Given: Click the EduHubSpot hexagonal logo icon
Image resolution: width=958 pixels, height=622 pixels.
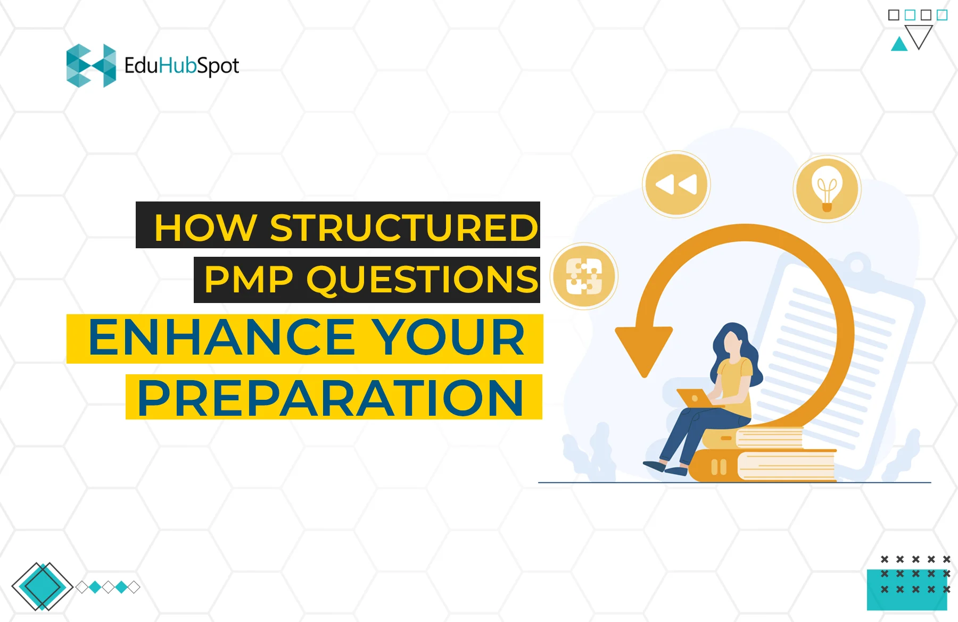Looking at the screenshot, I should pos(91,65).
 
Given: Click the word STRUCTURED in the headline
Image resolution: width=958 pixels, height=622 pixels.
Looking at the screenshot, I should pos(404,228).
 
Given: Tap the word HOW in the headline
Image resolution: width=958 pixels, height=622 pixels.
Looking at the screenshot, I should pos(205,228).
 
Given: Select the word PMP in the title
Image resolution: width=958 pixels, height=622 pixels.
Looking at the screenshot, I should pos(249,280).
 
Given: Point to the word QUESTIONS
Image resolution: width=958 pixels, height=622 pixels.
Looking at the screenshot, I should pos(423,280).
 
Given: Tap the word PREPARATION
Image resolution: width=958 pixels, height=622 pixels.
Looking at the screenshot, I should pos(331,398).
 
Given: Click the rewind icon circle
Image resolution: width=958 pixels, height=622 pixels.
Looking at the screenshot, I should pos(676,184).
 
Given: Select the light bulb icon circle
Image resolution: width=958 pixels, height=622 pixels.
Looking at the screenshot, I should pos(827,189).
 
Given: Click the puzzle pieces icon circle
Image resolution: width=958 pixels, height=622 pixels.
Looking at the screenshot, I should pos(584,276).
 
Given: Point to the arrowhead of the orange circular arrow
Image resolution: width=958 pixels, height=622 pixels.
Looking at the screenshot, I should pos(644,350).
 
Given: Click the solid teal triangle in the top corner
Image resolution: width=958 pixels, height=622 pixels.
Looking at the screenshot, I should pos(899,45).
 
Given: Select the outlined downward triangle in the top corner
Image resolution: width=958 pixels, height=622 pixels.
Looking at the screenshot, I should pos(919,36).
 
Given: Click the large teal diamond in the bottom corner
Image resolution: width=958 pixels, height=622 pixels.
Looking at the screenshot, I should pos(42,586).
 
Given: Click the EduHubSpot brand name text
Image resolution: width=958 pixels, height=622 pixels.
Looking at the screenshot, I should pos(181,66).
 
